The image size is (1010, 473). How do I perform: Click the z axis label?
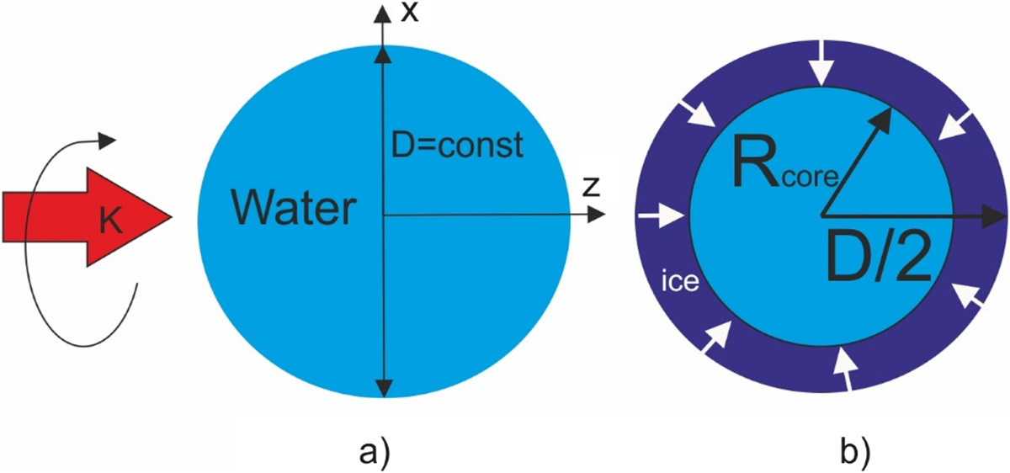tap(592, 187)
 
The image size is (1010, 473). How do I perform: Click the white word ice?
tap(680, 282)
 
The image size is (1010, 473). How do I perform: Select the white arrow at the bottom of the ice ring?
tap(847, 369)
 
